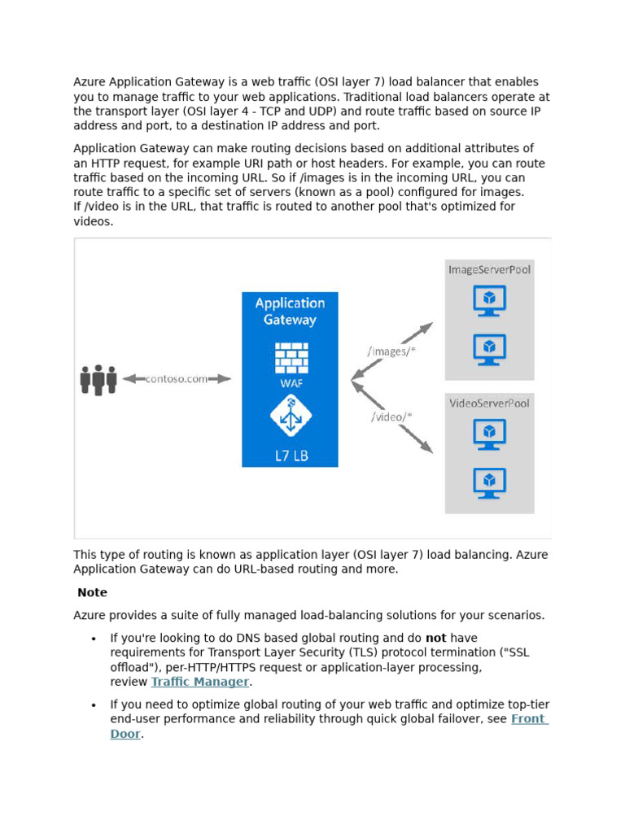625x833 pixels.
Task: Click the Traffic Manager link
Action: (x=200, y=682)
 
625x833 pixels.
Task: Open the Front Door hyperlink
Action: (x=529, y=719)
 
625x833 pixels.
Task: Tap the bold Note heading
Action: (x=92, y=592)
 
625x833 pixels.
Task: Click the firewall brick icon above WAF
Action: (x=290, y=357)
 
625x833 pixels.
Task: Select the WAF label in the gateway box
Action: (x=290, y=382)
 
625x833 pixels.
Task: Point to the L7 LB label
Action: (x=290, y=456)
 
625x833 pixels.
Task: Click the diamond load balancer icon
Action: (x=290, y=416)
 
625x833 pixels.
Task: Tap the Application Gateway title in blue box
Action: (x=290, y=311)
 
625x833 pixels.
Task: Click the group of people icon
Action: (x=98, y=379)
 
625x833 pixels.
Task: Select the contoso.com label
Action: (x=177, y=379)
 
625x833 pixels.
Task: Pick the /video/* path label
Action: (x=391, y=416)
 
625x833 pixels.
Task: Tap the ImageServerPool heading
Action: (x=489, y=269)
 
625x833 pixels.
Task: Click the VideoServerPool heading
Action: (x=489, y=403)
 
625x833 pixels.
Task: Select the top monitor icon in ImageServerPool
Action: (x=489, y=301)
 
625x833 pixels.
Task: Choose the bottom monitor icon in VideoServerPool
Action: (x=489, y=482)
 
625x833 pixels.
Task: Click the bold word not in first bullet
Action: (x=435, y=638)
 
